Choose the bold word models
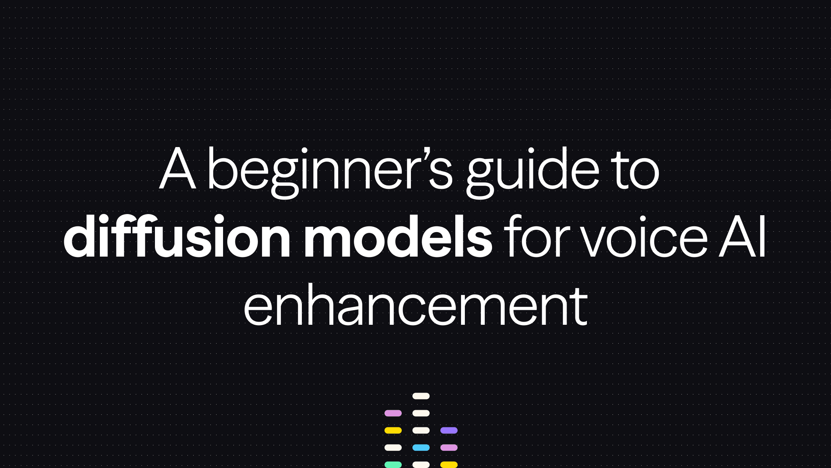tap(398, 237)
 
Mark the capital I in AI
tap(763, 237)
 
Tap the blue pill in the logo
tap(421, 447)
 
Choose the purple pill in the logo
tap(449, 430)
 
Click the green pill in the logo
tap(393, 465)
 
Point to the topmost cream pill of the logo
tap(421, 396)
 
